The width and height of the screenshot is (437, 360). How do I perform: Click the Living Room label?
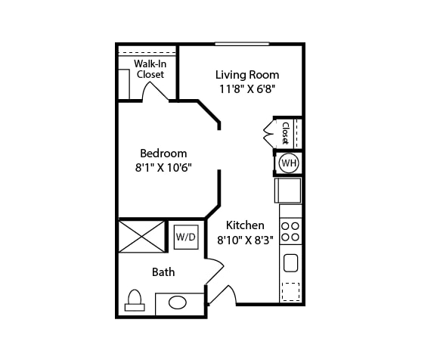click(x=247, y=75)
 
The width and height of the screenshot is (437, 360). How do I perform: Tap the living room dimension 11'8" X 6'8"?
click(x=247, y=89)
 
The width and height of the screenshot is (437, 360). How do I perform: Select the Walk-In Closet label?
click(x=150, y=69)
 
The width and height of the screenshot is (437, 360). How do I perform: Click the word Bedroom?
click(x=163, y=154)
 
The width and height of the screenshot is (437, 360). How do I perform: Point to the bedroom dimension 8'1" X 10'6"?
click(x=163, y=168)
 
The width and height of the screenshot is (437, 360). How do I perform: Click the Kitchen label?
click(x=245, y=225)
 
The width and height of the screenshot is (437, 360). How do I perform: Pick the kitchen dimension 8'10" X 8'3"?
click(x=245, y=240)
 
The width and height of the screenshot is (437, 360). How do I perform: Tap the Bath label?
click(x=163, y=272)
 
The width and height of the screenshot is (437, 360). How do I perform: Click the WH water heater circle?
click(x=289, y=163)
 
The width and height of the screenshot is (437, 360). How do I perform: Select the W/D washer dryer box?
click(x=186, y=237)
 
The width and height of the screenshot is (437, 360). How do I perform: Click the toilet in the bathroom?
click(x=135, y=300)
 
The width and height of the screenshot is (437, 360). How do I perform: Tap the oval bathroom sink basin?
click(x=178, y=303)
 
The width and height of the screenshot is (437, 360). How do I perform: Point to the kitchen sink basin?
click(x=290, y=262)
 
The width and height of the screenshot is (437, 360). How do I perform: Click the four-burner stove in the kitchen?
click(x=290, y=231)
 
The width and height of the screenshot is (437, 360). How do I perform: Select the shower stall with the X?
click(x=141, y=237)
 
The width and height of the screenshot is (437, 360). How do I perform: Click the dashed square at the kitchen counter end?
click(x=290, y=292)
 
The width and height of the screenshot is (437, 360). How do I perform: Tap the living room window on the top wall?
click(x=242, y=44)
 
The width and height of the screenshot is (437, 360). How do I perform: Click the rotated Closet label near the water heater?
click(x=285, y=133)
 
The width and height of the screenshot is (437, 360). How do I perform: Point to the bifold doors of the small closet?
click(x=269, y=134)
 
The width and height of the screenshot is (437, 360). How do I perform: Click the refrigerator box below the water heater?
click(x=288, y=191)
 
